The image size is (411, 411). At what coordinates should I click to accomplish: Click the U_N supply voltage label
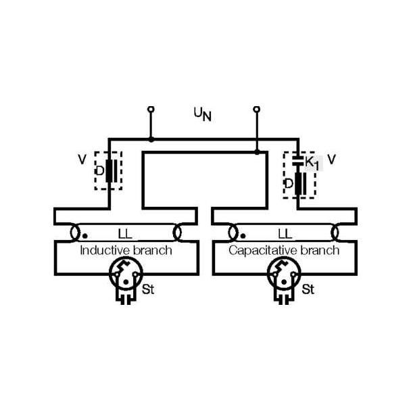pyautogui.click(x=203, y=114)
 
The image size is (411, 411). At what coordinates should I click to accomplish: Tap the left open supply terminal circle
pyautogui.click(x=151, y=109)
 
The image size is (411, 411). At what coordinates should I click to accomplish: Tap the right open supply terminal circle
pyautogui.click(x=257, y=109)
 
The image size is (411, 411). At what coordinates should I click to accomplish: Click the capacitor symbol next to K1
pyautogui.click(x=298, y=161)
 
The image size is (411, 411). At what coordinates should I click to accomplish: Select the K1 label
pyautogui.click(x=312, y=164)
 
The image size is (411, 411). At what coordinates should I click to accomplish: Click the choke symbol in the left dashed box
pyautogui.click(x=112, y=170)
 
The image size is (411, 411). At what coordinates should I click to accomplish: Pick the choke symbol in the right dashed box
pyautogui.click(x=301, y=183)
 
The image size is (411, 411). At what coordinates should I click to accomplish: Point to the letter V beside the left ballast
pyautogui.click(x=82, y=160)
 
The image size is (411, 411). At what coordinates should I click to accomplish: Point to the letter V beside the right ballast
pyautogui.click(x=332, y=160)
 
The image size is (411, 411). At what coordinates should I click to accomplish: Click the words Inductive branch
pyautogui.click(x=126, y=251)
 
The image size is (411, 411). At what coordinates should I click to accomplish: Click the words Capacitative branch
pyautogui.click(x=284, y=251)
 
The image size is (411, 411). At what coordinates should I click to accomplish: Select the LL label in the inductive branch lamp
pyautogui.click(x=125, y=234)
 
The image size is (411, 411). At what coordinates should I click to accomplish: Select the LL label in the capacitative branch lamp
pyautogui.click(x=285, y=234)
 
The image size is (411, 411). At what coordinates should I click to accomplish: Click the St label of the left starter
pyautogui.click(x=148, y=289)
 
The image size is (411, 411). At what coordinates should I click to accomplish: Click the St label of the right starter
pyautogui.click(x=308, y=289)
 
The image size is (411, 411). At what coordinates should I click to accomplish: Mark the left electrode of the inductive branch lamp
pyautogui.click(x=75, y=233)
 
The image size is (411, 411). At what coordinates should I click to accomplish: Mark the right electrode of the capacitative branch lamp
pyautogui.click(x=335, y=233)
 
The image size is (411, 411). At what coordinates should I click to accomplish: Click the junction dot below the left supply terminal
pyautogui.click(x=151, y=139)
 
